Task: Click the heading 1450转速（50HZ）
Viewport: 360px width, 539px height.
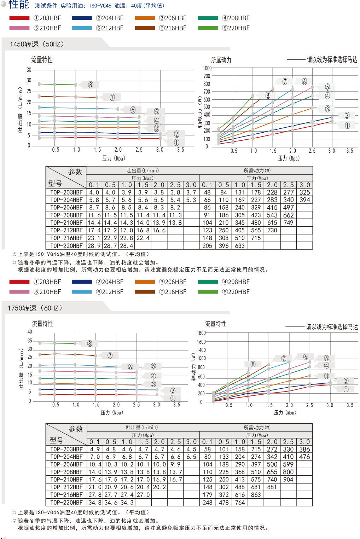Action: [x=37, y=44]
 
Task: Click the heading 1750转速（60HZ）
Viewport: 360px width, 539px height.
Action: [x=35, y=308]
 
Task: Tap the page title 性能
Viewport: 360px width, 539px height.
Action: [x=18, y=5]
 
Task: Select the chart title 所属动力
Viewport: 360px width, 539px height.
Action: [x=221, y=60]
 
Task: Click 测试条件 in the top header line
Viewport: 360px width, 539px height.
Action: [x=46, y=6]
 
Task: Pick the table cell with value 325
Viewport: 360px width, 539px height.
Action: [x=304, y=192]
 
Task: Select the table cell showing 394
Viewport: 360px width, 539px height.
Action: [x=304, y=200]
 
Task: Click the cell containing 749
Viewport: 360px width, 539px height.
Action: [x=288, y=223]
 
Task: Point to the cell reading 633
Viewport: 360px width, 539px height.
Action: [x=240, y=246]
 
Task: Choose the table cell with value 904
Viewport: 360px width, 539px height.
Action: [x=288, y=480]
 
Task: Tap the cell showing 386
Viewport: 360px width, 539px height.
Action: [x=304, y=449]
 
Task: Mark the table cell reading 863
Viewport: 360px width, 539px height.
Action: [x=256, y=495]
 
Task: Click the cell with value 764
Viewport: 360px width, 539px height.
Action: [x=240, y=503]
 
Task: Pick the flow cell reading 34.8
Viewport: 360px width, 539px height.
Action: [x=94, y=503]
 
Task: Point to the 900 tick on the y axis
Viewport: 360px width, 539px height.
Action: [x=207, y=76]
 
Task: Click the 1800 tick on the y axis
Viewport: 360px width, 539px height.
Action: [x=201, y=333]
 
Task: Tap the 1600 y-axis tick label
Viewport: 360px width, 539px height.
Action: [x=201, y=342]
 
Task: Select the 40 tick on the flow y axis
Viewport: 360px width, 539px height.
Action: [x=30, y=332]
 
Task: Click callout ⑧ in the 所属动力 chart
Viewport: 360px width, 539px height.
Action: [x=268, y=95]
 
